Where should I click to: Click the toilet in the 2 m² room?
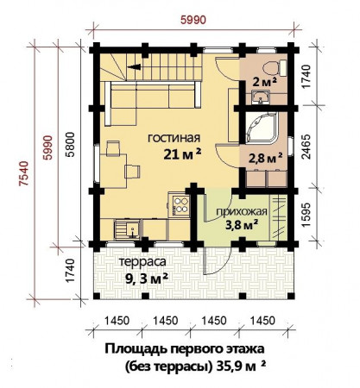pos(268,66)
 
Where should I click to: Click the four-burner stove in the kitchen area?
pos(182,204)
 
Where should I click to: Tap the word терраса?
pos(142,262)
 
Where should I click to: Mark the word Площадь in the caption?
pos(134,349)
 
